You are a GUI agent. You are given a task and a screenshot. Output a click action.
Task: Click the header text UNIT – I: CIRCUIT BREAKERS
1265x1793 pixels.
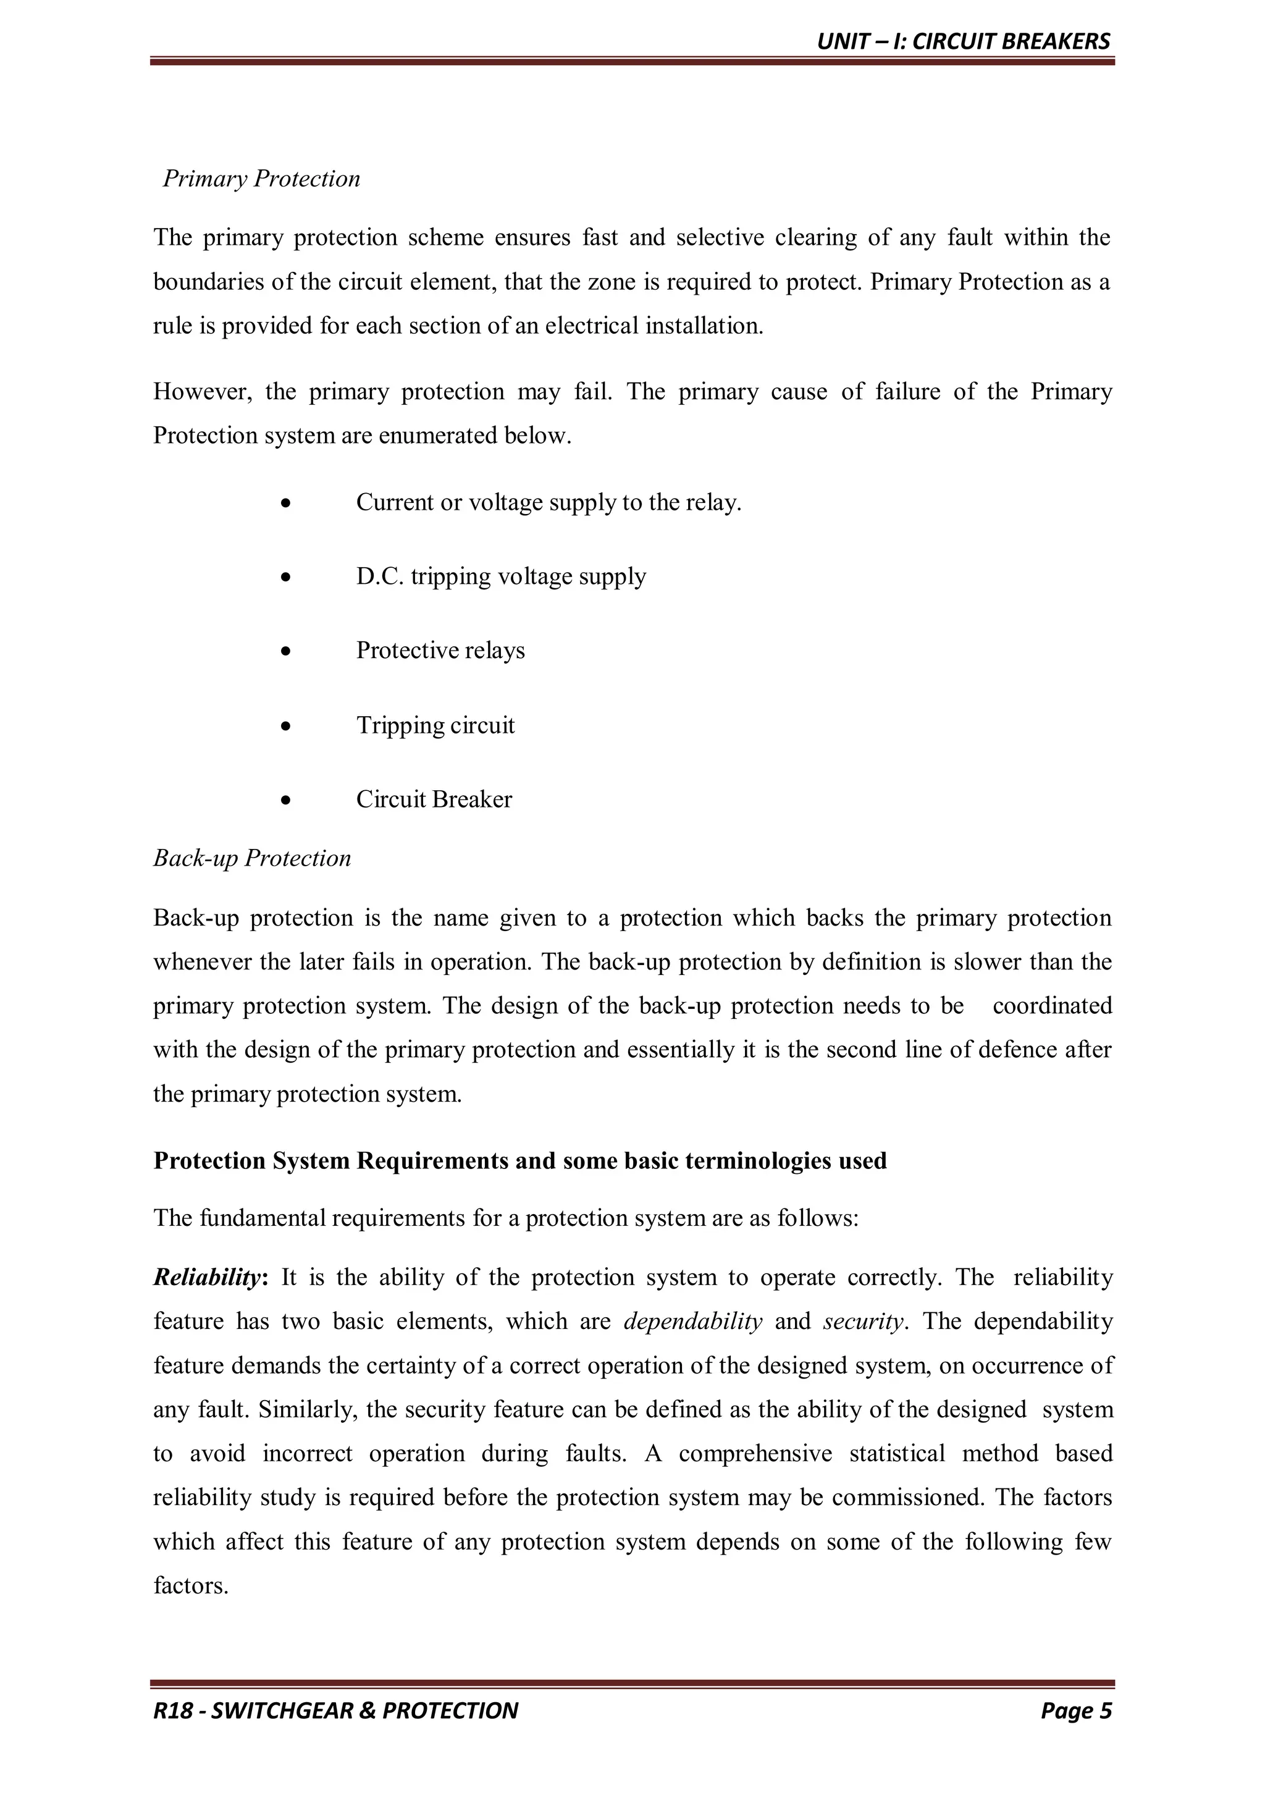pos(963,41)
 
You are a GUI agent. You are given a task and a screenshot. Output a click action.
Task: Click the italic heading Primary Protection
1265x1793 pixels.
pos(261,179)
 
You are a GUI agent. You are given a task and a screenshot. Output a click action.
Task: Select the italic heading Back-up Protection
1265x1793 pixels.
pos(251,858)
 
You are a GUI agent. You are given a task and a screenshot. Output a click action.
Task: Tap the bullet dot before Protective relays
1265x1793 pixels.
pos(287,651)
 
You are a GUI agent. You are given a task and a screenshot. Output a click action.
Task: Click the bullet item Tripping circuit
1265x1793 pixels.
pos(435,725)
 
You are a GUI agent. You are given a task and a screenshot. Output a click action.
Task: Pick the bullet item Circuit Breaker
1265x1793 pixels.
pos(434,799)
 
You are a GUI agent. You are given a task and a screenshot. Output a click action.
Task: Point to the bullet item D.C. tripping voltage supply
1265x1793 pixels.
pos(500,576)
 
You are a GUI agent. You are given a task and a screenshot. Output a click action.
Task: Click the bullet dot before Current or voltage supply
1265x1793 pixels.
pos(287,502)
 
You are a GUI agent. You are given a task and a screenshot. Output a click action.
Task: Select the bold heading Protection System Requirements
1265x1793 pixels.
pos(519,1160)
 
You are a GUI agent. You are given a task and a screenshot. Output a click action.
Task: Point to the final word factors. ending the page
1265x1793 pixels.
pos(190,1586)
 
